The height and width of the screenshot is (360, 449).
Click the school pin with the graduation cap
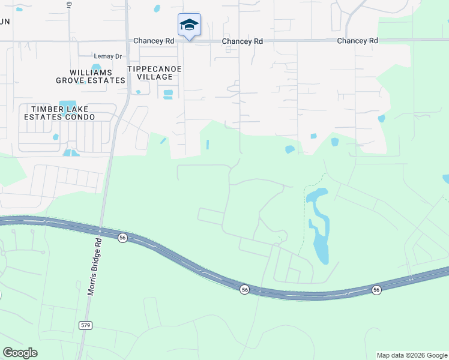(189, 25)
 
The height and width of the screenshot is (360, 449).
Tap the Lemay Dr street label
(108, 56)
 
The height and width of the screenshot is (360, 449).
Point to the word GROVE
(70, 80)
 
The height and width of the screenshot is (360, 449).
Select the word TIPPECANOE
(154, 69)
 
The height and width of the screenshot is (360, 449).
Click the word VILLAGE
(155, 77)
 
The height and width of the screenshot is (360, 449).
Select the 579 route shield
(85, 325)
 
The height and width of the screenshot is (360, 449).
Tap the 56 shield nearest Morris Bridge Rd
(122, 238)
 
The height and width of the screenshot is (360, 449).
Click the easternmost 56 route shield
(376, 290)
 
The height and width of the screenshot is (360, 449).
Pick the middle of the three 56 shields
(244, 289)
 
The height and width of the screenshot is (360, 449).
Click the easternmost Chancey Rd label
(357, 41)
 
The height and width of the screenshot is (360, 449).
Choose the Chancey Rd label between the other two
(243, 41)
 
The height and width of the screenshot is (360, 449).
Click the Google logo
(20, 353)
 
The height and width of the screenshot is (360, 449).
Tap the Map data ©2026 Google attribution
(411, 355)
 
